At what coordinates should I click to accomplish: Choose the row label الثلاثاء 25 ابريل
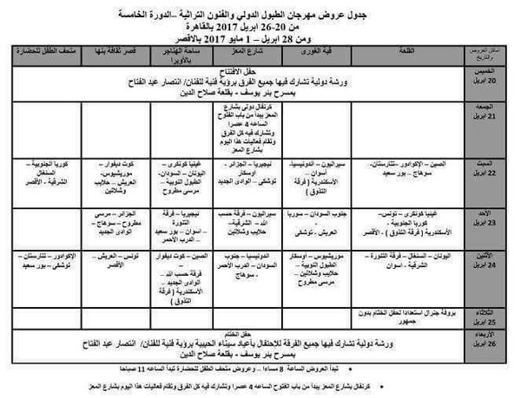(x=494, y=311)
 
